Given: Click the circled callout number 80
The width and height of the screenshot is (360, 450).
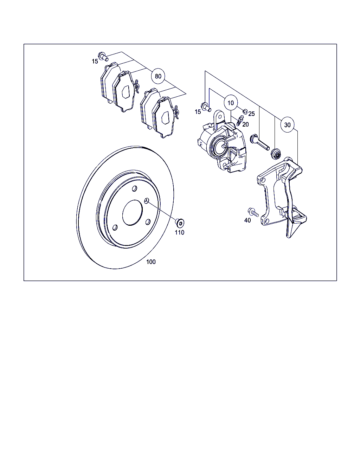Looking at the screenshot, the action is pos(158,76).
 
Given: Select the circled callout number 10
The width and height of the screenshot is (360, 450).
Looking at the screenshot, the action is pos(231,103).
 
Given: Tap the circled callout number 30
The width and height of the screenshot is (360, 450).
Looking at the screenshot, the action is pos(287,125).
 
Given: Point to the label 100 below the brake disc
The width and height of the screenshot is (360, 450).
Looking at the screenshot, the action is pos(151,262).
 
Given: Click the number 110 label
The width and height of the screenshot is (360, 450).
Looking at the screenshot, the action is pos(180,232).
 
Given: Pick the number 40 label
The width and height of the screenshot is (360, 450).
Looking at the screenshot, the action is pos(247,220).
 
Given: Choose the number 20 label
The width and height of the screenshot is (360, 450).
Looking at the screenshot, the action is pos(246,124).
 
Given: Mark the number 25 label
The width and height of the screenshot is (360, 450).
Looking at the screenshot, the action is pos(251,114).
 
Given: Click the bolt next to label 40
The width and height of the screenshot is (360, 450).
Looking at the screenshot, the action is pos(253,212).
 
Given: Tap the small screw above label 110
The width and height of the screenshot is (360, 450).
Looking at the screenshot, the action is pos(180,223).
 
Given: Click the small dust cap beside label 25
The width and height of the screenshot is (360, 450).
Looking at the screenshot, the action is pos(245,111).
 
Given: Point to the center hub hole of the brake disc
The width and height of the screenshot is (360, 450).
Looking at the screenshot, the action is pos(133,212).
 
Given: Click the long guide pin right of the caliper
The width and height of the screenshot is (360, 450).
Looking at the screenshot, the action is pos(259,142).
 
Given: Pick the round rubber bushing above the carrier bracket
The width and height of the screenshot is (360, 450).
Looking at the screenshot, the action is pos(276,154).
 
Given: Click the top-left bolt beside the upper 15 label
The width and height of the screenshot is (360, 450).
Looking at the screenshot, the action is pos(103,56).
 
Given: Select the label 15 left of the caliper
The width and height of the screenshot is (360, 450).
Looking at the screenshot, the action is pos(198,112).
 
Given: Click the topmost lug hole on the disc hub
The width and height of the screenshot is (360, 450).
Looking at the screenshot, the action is pos(135,188).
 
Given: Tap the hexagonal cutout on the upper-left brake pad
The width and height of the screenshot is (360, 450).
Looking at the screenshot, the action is pos(126,92).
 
